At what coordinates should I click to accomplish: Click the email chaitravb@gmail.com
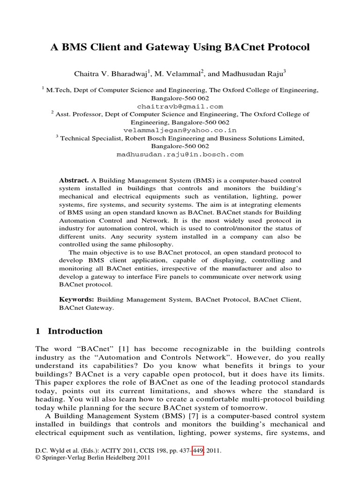(x=180, y=106)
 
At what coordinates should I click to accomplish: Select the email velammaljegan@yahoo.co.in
(x=180, y=130)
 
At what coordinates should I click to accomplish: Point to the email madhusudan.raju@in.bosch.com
(x=180, y=154)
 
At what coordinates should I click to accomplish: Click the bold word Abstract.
(x=74, y=180)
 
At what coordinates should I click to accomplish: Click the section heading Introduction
(x=75, y=331)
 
